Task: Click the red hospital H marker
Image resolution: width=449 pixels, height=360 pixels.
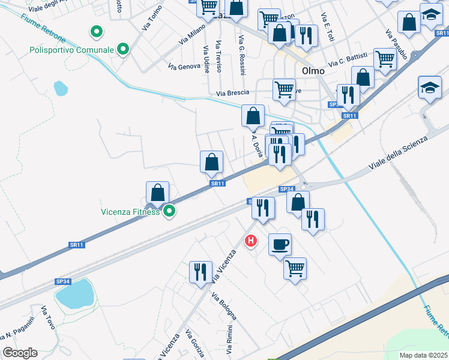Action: click(251, 241)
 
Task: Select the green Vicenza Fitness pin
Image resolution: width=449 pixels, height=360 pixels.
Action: click(170, 211)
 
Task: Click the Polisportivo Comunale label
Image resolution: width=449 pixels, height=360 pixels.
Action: click(71, 49)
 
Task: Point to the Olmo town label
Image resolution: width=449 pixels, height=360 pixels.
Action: click(313, 71)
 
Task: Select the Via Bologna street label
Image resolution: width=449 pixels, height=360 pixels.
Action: click(224, 305)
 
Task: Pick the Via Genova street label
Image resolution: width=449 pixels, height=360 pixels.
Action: click(184, 66)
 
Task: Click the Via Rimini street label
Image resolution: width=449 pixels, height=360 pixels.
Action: click(229, 336)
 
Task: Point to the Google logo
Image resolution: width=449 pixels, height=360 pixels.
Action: click(20, 353)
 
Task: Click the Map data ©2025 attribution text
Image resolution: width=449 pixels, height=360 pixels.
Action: click(423, 355)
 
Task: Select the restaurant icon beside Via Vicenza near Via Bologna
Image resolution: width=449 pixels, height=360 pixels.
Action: click(200, 272)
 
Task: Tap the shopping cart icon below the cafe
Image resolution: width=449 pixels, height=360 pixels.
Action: click(295, 268)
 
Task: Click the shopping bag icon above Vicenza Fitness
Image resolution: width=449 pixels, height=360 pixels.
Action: click(157, 193)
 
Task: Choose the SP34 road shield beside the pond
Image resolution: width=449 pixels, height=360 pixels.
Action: click(63, 281)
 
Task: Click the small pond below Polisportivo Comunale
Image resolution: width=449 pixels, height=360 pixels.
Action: click(61, 89)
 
